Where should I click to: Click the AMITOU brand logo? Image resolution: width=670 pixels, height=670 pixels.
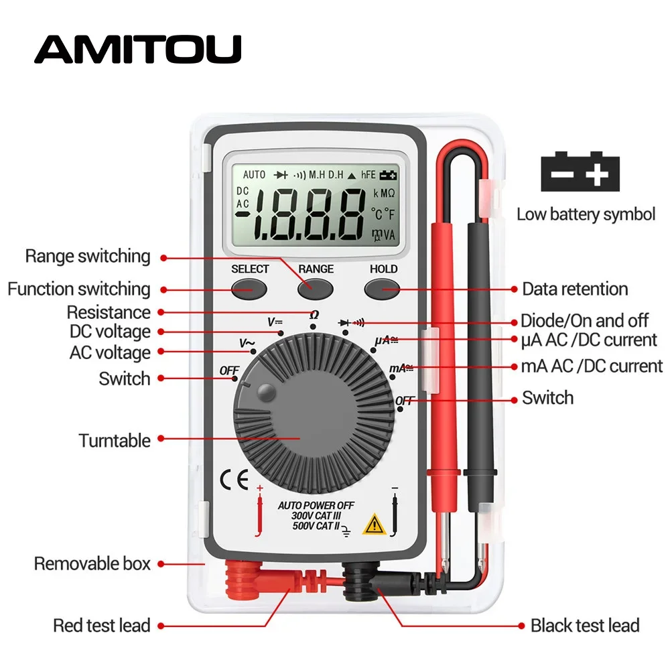(x=137, y=49)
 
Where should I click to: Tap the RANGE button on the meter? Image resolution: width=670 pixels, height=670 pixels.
(x=316, y=289)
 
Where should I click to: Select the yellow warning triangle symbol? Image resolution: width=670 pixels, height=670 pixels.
(x=373, y=524)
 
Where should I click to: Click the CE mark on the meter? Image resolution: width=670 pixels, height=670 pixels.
(x=234, y=480)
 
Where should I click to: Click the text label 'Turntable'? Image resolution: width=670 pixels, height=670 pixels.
(x=115, y=440)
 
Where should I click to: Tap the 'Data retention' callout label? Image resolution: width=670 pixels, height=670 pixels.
(x=575, y=289)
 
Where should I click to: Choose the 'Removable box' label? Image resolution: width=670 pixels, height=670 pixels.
(x=92, y=563)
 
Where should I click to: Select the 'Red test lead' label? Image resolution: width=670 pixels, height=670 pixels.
(x=102, y=625)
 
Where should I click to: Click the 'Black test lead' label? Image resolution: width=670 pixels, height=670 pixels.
(x=585, y=625)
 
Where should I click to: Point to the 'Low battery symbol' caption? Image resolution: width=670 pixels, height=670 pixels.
(x=586, y=214)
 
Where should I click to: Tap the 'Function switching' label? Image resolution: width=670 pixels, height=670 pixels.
(x=79, y=289)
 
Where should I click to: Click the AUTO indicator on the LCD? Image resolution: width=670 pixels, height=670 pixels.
(x=255, y=175)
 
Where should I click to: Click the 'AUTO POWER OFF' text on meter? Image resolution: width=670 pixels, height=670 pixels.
(x=316, y=505)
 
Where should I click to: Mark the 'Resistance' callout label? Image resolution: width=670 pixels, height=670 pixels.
(x=109, y=312)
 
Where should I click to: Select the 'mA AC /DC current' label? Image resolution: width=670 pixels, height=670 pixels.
(x=592, y=366)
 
